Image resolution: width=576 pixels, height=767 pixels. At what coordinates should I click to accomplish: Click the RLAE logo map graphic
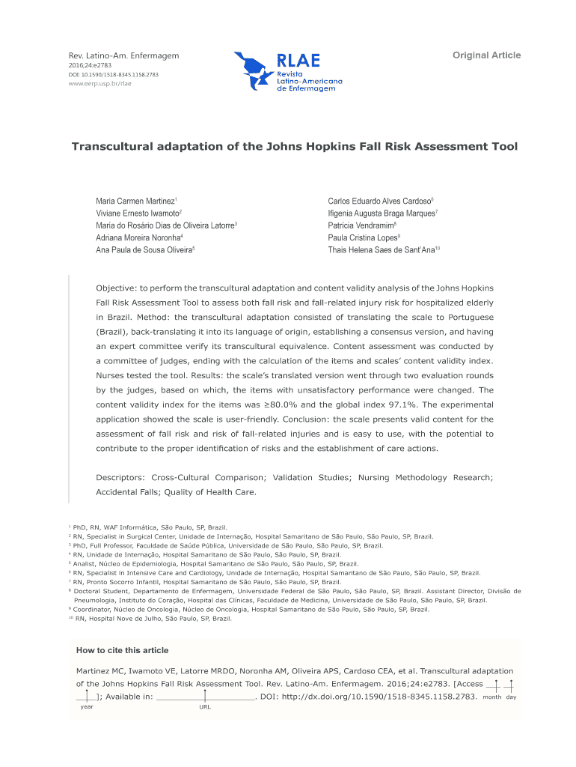(253, 71)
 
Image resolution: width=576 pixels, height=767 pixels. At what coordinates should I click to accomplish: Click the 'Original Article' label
(486, 55)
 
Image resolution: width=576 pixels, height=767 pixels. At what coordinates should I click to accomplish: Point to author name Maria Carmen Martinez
(135, 202)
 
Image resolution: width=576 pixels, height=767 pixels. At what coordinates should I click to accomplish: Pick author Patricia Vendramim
(361, 225)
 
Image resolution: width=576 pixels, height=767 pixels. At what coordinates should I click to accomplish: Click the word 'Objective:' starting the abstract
(118, 288)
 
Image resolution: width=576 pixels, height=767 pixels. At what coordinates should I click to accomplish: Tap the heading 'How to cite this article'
(123, 650)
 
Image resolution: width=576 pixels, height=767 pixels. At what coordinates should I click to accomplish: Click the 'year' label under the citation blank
(87, 707)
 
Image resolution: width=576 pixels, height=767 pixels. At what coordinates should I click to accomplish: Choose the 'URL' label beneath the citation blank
(204, 707)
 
